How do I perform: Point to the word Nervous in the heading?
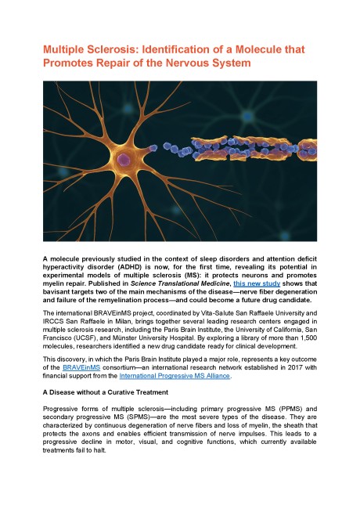coord(204,63)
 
